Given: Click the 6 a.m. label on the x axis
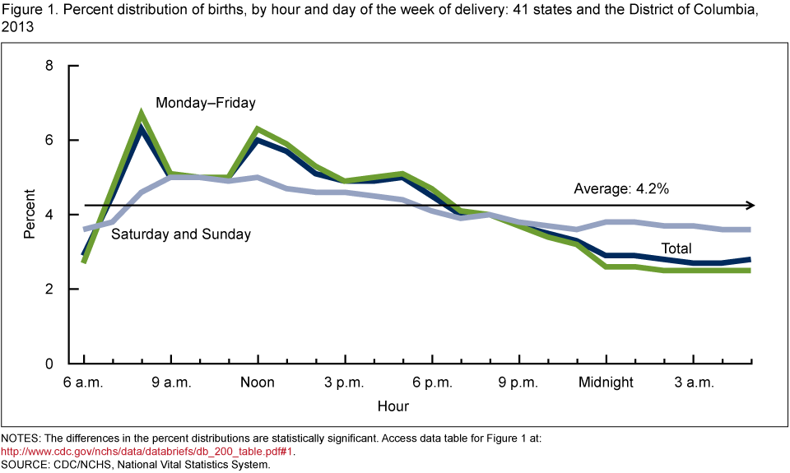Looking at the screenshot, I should point(85,383).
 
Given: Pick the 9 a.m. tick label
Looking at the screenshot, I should point(171,383).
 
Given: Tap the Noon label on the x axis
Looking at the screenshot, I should point(258,383).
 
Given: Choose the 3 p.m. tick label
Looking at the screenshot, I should point(345,383).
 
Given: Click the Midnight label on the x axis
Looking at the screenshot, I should point(606,383).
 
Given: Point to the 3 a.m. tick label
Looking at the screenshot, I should point(693,383).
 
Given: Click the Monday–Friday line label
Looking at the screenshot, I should point(206,104).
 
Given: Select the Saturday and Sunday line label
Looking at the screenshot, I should point(181,234).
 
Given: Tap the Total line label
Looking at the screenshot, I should point(677,248).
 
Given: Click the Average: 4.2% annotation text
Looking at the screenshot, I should point(621,188).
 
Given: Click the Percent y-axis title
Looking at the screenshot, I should point(30,214).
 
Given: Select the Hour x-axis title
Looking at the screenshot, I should point(393,406).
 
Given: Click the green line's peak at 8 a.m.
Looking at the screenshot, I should point(142,114).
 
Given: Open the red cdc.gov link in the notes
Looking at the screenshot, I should point(147,451).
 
